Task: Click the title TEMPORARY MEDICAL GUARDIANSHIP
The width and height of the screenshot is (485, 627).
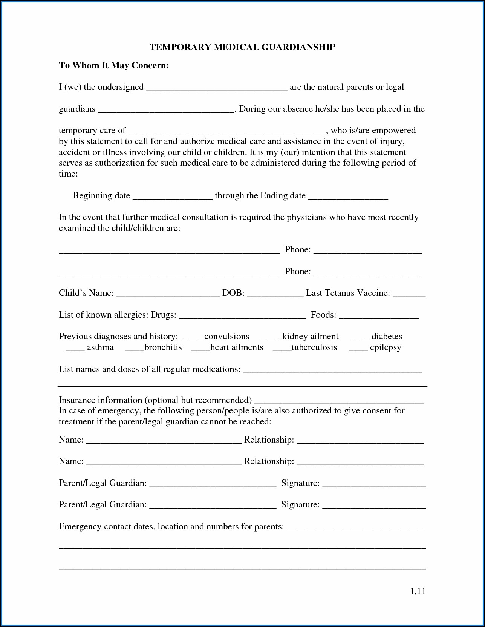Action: click(x=242, y=47)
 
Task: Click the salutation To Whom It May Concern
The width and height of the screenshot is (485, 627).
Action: click(x=114, y=65)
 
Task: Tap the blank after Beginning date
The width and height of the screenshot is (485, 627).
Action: click(x=173, y=197)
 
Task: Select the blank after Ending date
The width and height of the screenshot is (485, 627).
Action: click(x=348, y=197)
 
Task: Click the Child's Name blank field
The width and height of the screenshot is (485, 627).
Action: click(x=168, y=294)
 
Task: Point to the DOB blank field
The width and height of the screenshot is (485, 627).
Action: click(x=275, y=294)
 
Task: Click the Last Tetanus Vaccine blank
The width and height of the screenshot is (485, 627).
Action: click(x=409, y=294)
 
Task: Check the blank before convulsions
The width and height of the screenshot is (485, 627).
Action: click(x=192, y=337)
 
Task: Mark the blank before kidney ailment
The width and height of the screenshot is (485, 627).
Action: click(x=270, y=337)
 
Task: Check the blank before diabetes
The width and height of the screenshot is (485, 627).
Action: click(x=360, y=337)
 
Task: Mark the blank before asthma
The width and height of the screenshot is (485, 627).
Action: click(x=75, y=348)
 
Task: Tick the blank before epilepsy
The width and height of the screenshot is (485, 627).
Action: click(x=358, y=348)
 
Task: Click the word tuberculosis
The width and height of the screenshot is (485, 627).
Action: click(x=314, y=347)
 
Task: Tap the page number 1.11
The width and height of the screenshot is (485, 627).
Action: click(x=418, y=591)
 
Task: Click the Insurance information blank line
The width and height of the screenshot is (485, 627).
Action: click(x=339, y=401)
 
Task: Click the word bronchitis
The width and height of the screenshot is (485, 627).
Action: click(x=163, y=347)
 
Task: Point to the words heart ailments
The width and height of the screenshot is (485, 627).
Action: click(x=237, y=347)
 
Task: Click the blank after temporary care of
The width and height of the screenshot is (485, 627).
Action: click(x=227, y=131)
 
